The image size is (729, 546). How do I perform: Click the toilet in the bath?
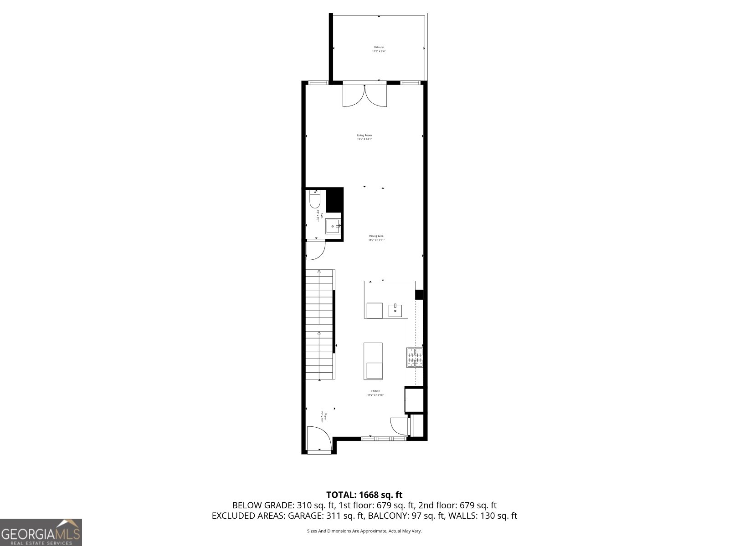315,200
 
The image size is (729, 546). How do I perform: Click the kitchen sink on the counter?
395,310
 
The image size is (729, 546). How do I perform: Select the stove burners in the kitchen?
415,357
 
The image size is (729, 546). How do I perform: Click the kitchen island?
373,361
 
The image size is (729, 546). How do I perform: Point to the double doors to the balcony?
364,96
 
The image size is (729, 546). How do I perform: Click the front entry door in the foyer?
318,439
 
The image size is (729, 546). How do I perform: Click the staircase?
320,324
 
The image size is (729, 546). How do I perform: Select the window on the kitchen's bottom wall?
384,439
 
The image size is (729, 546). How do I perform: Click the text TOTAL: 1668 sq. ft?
364,495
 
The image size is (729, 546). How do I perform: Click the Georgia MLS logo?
41,532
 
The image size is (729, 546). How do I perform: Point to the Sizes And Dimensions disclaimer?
364,531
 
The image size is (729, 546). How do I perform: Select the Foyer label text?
323,417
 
